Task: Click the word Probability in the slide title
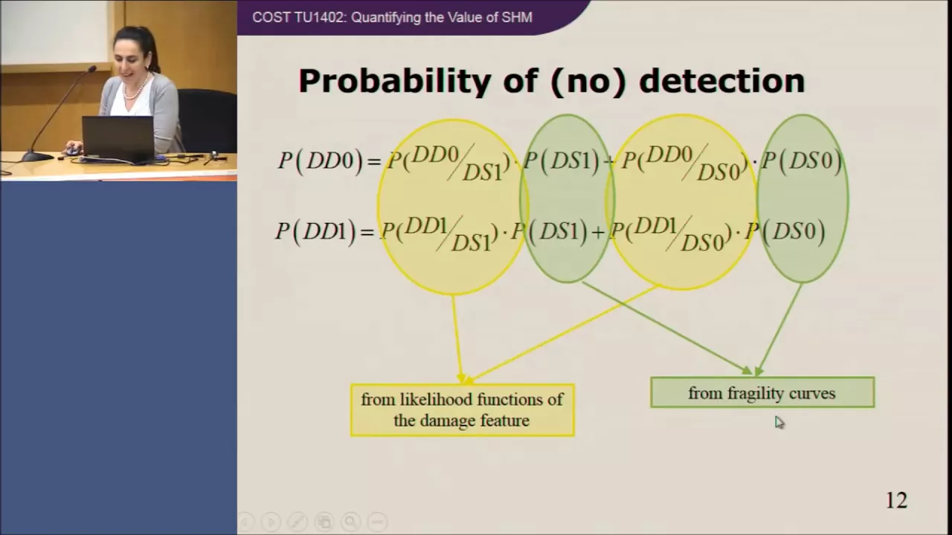pos(395,82)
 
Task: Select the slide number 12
pos(896,500)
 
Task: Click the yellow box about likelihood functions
pos(463,410)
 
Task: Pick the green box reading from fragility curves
pos(762,392)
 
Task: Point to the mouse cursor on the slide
pos(779,423)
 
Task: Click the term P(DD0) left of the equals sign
pos(321,161)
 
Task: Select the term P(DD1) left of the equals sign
pos(315,233)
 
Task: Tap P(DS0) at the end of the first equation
pos(801,161)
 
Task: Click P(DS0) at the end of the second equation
pos(785,232)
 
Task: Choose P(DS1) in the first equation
pos(561,161)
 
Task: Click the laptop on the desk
pos(118,137)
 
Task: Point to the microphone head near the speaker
pos(91,69)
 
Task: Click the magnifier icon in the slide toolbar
pos(350,521)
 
